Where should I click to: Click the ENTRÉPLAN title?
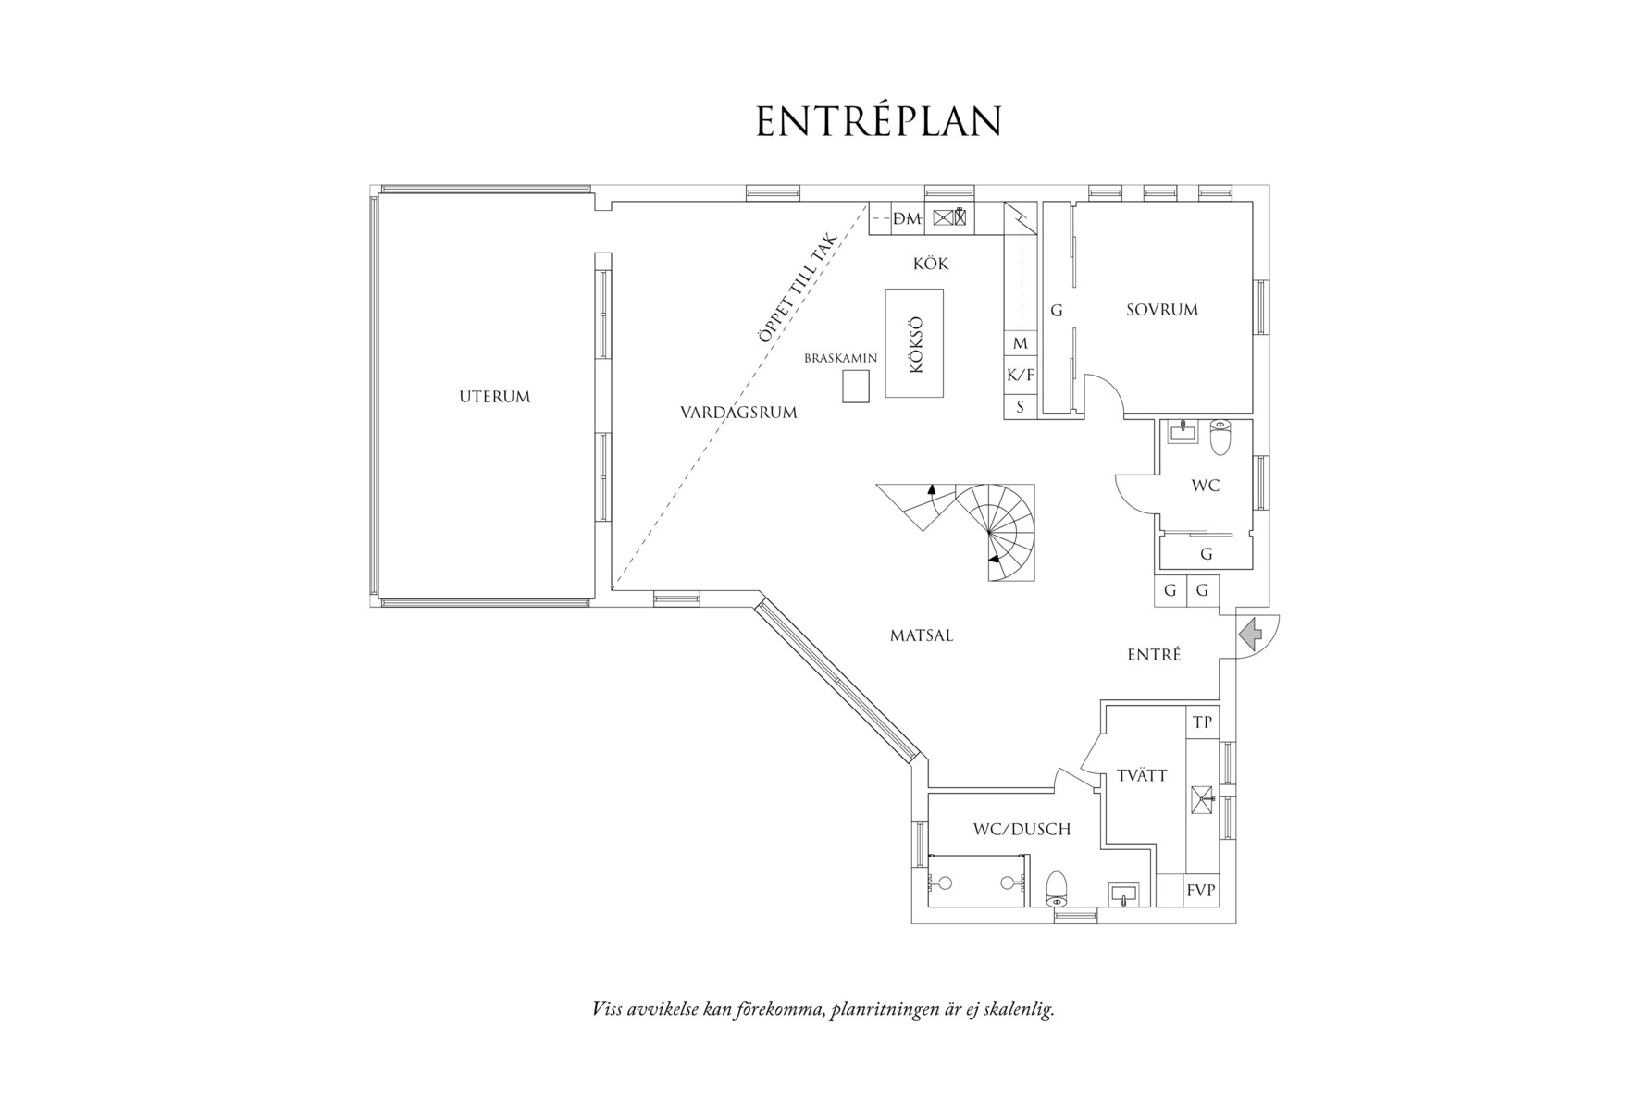pyautogui.click(x=878, y=121)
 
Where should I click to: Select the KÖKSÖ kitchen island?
pyautogui.click(x=914, y=343)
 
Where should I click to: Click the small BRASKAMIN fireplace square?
pyautogui.click(x=856, y=386)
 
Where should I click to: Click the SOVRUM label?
pyautogui.click(x=1162, y=310)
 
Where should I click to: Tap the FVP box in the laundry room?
pyautogui.click(x=1202, y=891)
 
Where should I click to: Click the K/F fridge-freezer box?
pyautogui.click(x=1020, y=375)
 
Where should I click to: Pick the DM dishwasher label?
pyautogui.click(x=907, y=219)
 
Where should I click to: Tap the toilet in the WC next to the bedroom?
pyautogui.click(x=1219, y=438)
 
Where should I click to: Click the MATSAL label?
pyautogui.click(x=922, y=635)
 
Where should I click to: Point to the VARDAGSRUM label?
pyautogui.click(x=738, y=413)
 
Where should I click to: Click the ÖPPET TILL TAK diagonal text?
pyautogui.click(x=798, y=289)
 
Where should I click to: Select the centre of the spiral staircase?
pyautogui.click(x=988, y=533)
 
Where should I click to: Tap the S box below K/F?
pyautogui.click(x=1020, y=406)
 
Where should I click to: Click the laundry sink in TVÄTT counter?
pyautogui.click(x=1202, y=799)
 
